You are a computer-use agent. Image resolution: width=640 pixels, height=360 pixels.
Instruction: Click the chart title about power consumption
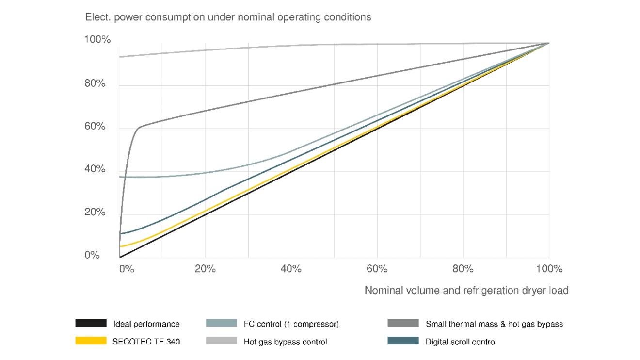[228, 17]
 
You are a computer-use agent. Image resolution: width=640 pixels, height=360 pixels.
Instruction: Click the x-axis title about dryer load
[466, 290]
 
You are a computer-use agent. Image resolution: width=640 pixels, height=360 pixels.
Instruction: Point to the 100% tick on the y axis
[97, 40]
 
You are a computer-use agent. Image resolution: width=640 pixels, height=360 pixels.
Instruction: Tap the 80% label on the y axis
[95, 83]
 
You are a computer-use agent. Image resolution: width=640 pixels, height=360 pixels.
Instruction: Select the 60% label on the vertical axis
[95, 126]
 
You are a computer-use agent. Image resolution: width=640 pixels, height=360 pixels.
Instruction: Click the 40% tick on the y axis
[95, 169]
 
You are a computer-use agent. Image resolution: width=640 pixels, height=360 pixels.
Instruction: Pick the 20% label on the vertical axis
[95, 212]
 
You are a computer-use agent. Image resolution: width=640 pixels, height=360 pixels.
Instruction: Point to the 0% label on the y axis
[92, 255]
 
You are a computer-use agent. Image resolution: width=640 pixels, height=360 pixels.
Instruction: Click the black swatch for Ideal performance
[91, 323]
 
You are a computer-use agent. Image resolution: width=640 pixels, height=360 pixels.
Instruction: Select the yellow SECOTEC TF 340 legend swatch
[91, 341]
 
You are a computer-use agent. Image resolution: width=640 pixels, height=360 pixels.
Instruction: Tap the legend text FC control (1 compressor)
[291, 324]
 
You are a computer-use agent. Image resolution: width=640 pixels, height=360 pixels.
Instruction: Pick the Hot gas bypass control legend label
[285, 342]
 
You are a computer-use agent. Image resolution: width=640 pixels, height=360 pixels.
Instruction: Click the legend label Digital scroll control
[461, 342]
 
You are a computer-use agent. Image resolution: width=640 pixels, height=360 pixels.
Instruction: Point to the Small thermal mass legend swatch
[403, 323]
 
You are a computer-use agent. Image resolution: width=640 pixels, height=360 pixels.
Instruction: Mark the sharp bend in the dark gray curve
[140, 127]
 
